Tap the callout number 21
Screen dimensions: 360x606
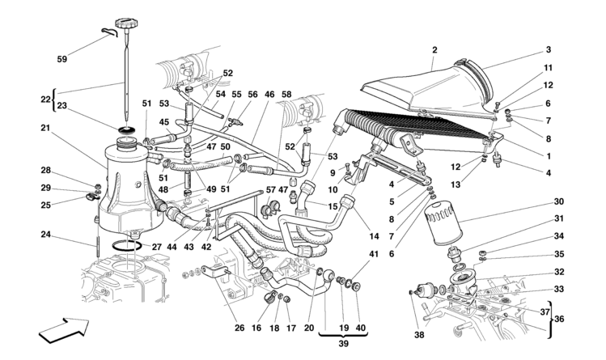click(46, 128)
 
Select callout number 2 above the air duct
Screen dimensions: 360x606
click(434, 49)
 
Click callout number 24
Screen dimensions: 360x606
click(46, 235)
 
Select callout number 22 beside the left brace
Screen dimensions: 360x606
click(44, 99)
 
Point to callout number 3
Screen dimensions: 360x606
click(548, 49)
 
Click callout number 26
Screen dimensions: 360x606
click(239, 328)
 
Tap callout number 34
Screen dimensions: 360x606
click(559, 237)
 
